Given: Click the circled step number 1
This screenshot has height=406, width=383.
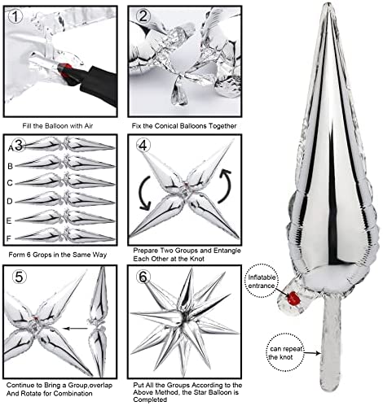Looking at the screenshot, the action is click(15, 17).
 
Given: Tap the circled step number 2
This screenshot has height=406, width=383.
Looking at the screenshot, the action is click(143, 16).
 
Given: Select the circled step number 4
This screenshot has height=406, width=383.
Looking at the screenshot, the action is click(143, 146).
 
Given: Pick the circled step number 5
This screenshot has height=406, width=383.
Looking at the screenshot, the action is click(20, 277).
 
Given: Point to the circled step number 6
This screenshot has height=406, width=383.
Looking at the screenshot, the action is click(143, 277).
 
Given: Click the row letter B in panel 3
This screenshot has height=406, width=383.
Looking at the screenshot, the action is click(11, 166).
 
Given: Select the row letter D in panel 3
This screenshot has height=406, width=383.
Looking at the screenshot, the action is click(10, 202).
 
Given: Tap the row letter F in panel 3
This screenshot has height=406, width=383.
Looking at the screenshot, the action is click(9, 238).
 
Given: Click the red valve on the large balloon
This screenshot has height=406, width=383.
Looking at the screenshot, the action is click(293, 298).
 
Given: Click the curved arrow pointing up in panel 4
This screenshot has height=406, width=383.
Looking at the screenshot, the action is click(227, 186).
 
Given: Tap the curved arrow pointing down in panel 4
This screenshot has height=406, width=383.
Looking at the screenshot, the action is click(145, 193).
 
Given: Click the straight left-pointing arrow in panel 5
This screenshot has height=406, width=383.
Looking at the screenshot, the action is click(75, 329).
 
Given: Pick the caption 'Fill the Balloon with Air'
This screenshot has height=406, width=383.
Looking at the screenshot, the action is click(58, 126).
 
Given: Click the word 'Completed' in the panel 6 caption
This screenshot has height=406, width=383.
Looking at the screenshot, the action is click(150, 399).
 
